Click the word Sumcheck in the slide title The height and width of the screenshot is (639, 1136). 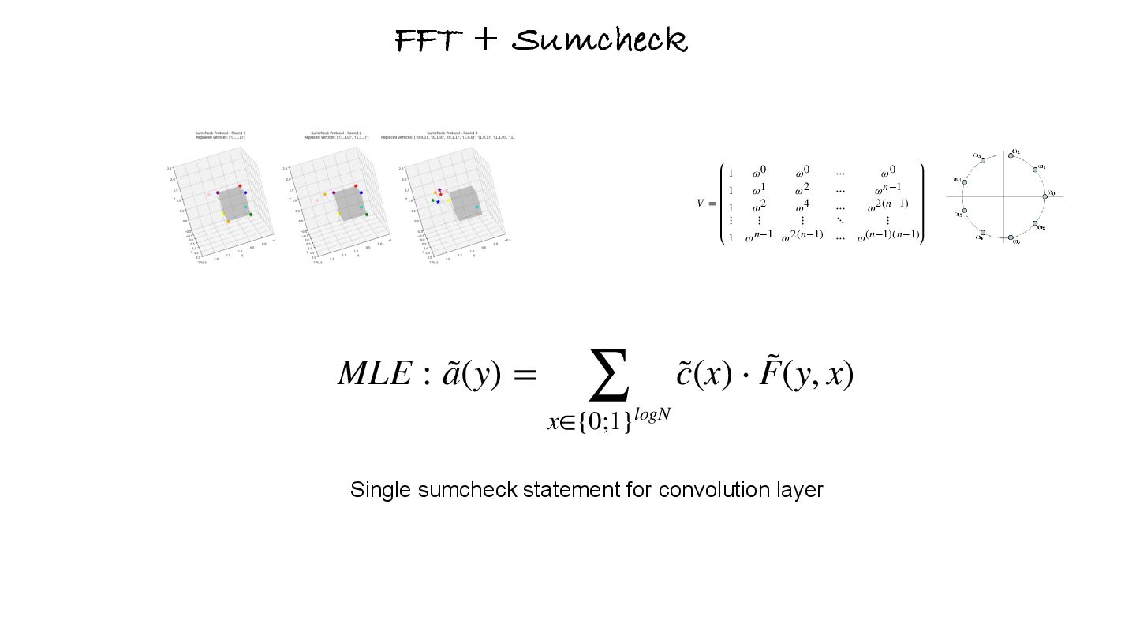pyautogui.click(x=600, y=39)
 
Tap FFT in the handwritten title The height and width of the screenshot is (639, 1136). pyautogui.click(x=426, y=39)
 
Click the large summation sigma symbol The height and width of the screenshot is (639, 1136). pyautogui.click(x=610, y=376)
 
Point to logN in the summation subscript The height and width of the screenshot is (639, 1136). pyautogui.click(x=652, y=415)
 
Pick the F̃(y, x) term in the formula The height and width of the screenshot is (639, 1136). pyautogui.click(x=806, y=373)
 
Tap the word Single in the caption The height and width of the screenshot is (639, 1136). pyautogui.click(x=381, y=490)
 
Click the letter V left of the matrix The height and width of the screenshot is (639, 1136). pyautogui.click(x=700, y=204)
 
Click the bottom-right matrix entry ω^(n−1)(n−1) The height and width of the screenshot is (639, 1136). pyautogui.click(x=888, y=235)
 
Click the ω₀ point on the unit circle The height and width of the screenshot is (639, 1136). pyautogui.click(x=1044, y=196)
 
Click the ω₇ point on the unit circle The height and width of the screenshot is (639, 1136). pyautogui.click(x=1010, y=237)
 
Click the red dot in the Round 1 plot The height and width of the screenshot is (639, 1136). pyautogui.click(x=240, y=186)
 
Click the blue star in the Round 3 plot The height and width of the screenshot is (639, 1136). pyautogui.click(x=438, y=202)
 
